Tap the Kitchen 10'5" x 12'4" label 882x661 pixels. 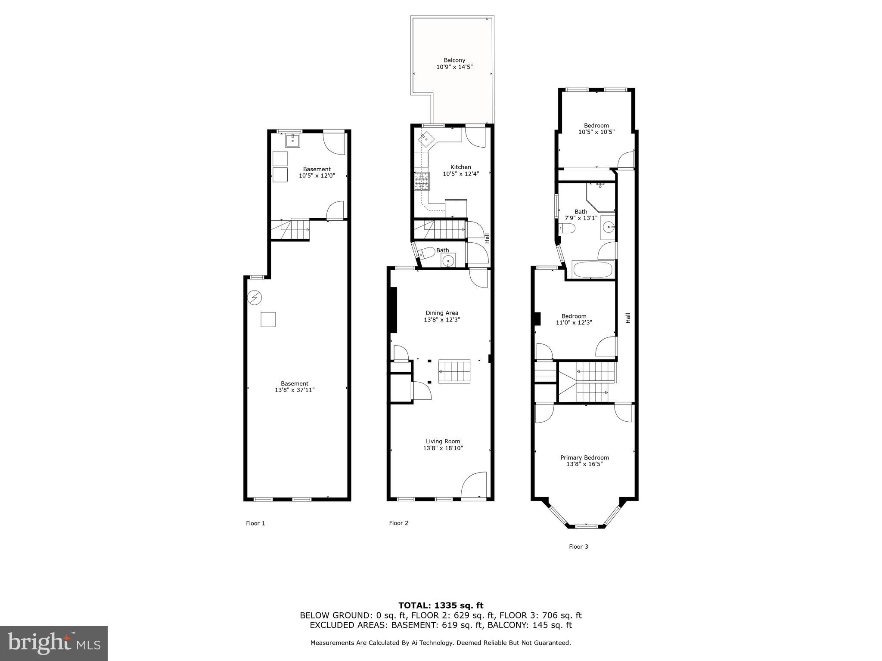pyautogui.click(x=460, y=170)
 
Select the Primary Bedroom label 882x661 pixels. pyautogui.click(x=584, y=460)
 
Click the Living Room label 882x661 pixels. pyautogui.click(x=443, y=445)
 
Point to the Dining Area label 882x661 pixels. pyautogui.click(x=442, y=316)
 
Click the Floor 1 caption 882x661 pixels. pyautogui.click(x=255, y=523)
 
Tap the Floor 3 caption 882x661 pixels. pyautogui.click(x=578, y=547)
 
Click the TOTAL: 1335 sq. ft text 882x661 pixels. pyautogui.click(x=441, y=606)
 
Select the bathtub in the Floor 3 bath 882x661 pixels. pyautogui.click(x=592, y=269)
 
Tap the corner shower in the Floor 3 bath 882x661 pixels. pyautogui.click(x=601, y=197)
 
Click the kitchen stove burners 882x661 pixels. pyautogui.click(x=422, y=181)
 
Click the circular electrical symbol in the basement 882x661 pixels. pyautogui.click(x=255, y=297)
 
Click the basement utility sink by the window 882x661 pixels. pyautogui.click(x=292, y=140)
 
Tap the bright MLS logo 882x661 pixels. pyautogui.click(x=54, y=643)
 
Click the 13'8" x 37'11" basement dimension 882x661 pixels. pyautogui.click(x=295, y=390)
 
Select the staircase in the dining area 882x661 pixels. pyautogui.click(x=454, y=371)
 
